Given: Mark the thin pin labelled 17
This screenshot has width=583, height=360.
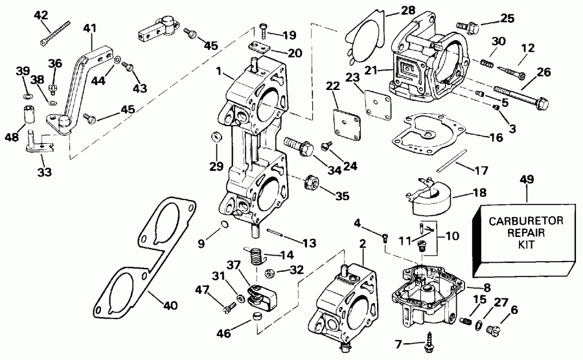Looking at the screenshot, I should pyautogui.click(x=453, y=161).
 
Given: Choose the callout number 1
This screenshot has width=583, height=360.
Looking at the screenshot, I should pyautogui.click(x=220, y=70).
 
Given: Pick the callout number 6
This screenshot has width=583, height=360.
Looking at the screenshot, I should pyautogui.click(x=514, y=309).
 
